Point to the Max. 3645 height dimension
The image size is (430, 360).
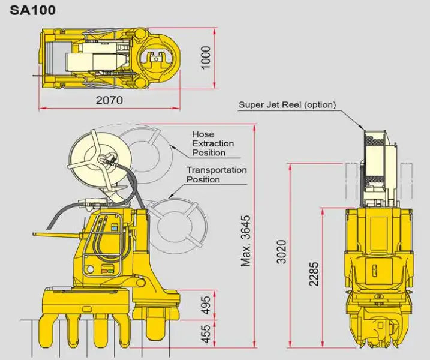(x=246, y=240)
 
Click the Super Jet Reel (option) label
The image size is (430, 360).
(x=287, y=104)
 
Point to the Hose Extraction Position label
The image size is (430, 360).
(x=212, y=143)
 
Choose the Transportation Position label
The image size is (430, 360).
(x=216, y=175)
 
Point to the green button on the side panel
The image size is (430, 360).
(x=109, y=270)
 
